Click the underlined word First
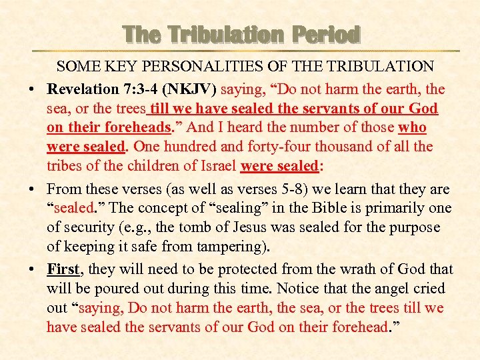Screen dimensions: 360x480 tap(63, 269)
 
